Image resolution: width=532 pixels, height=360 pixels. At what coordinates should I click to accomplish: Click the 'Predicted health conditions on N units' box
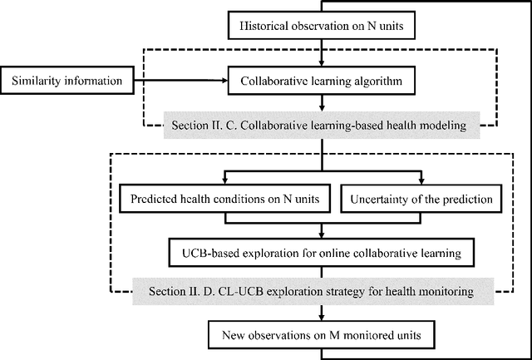tap(224, 200)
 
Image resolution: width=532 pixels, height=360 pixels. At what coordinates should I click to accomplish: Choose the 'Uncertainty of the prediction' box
tap(422, 200)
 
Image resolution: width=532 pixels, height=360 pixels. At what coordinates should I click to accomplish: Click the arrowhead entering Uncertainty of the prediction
tap(422, 182)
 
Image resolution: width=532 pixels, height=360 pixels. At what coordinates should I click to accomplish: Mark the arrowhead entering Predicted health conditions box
tap(224, 182)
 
